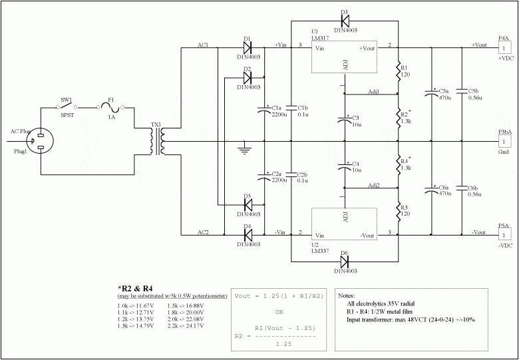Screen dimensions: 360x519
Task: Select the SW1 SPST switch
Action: pos(66,106)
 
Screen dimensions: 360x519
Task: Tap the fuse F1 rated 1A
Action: pos(112,106)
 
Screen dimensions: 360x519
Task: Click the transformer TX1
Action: pos(157,142)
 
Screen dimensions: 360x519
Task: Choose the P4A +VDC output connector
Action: pos(505,48)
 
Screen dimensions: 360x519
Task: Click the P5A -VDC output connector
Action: pos(505,235)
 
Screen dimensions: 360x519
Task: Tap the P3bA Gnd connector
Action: pos(505,142)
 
